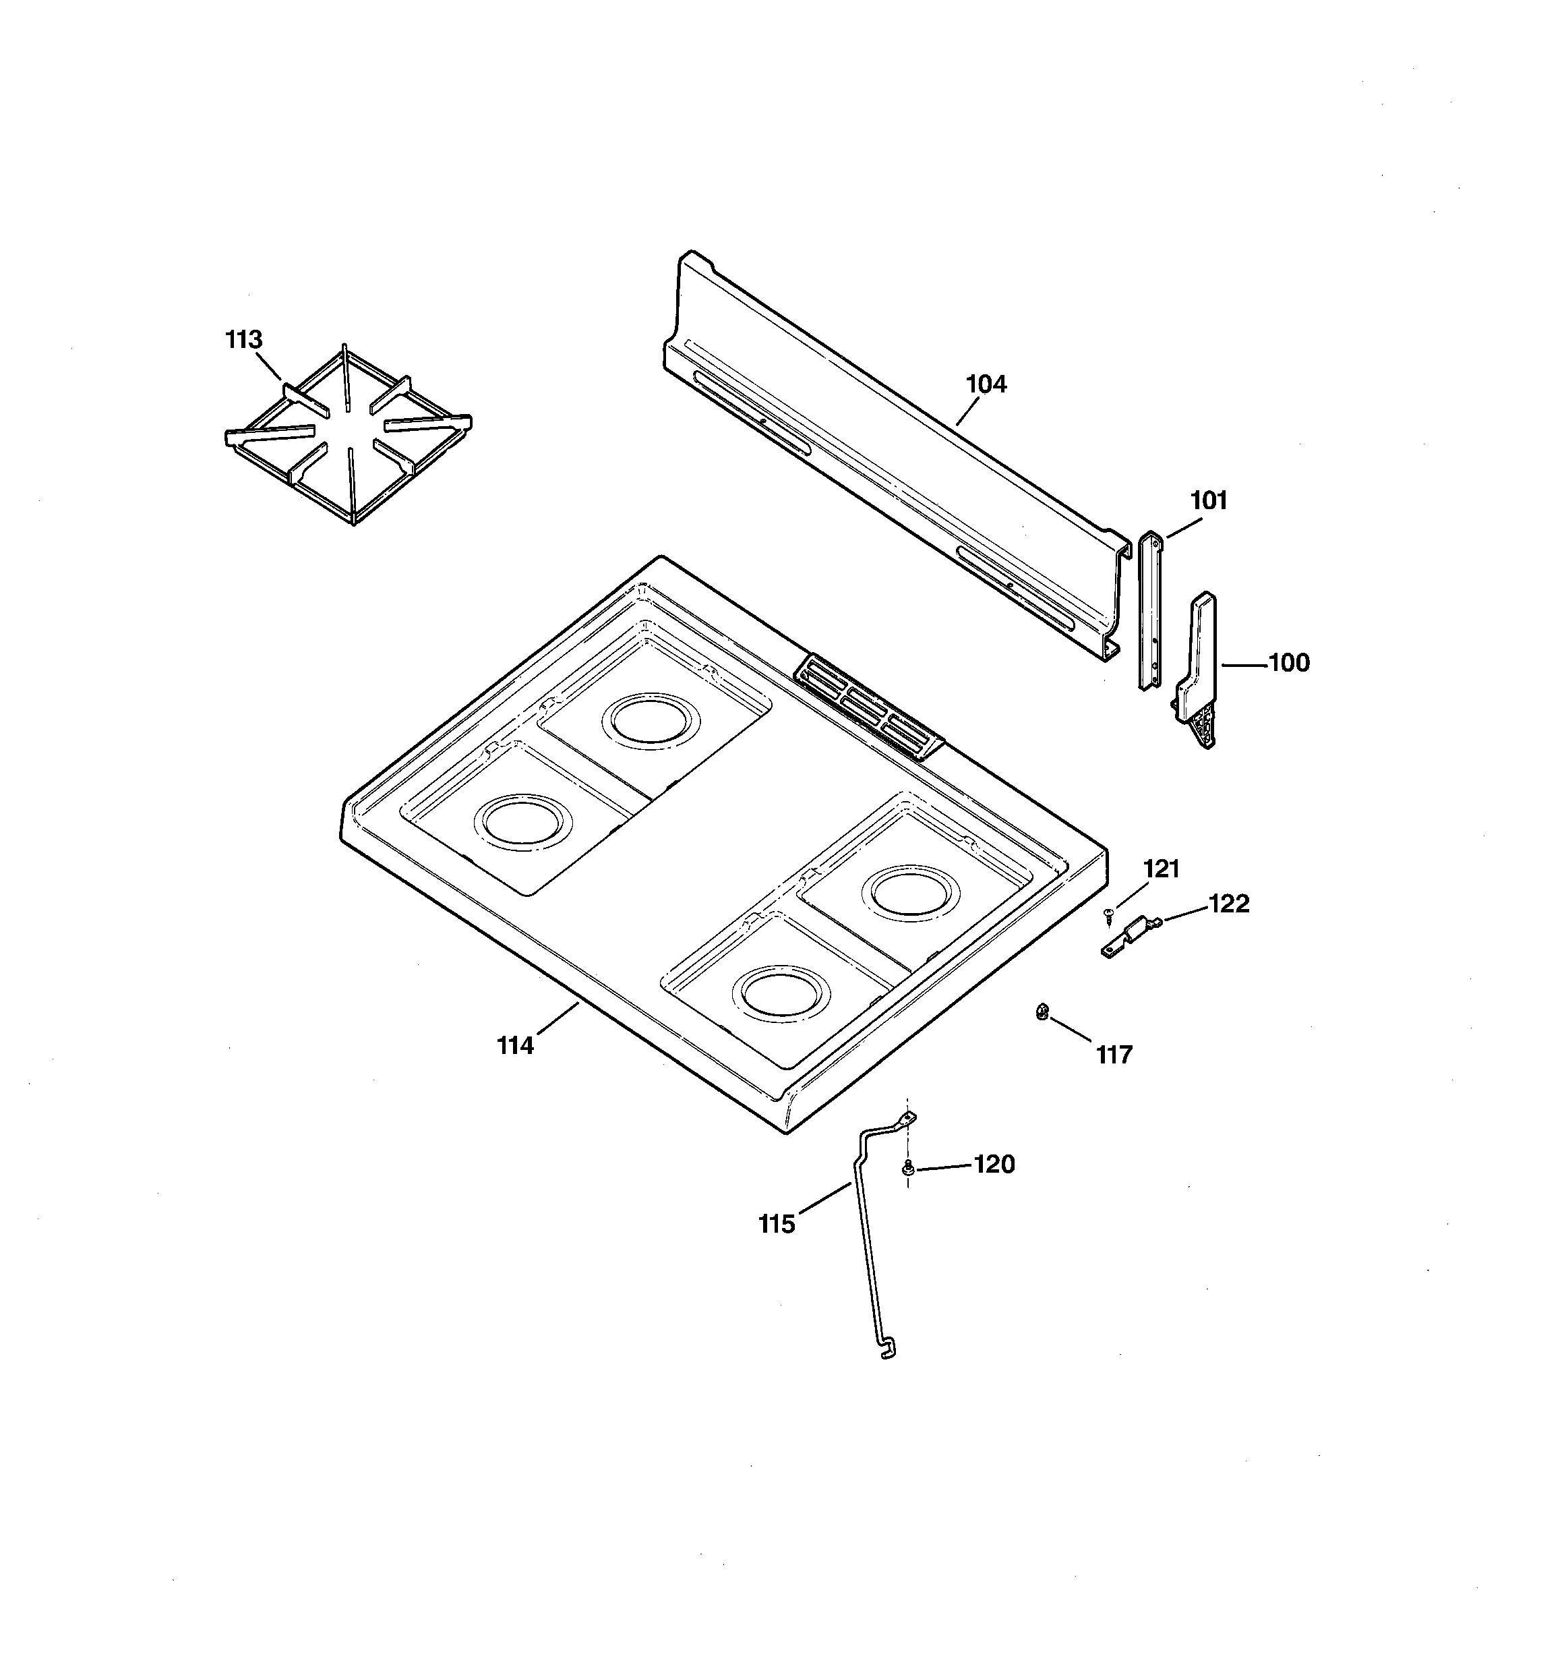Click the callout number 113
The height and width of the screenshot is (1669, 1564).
(x=243, y=340)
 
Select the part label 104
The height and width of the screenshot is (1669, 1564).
(x=986, y=384)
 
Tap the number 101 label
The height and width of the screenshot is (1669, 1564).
(x=1209, y=500)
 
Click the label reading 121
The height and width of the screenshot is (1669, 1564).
(x=1162, y=869)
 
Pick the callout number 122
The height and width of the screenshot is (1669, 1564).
(x=1229, y=904)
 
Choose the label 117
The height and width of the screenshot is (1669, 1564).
(x=1114, y=1055)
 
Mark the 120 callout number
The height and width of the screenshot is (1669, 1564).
(x=994, y=1165)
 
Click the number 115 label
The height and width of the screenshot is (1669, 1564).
(x=777, y=1225)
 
